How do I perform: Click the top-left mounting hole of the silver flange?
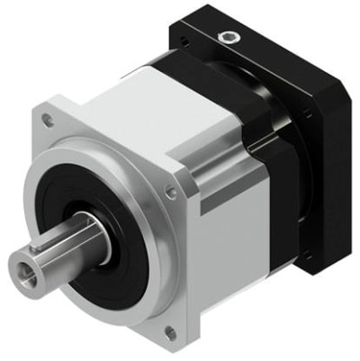tap(48, 120)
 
